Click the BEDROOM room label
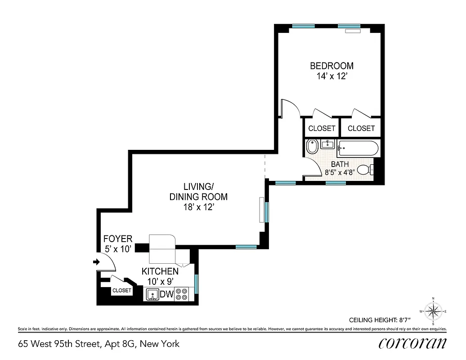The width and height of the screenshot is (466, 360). click(332, 66)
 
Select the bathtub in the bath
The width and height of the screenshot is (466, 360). click(358, 148)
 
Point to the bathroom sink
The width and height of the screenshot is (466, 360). click(327, 145)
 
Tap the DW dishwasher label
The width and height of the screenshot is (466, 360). click(166, 295)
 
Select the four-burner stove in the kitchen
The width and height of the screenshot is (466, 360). click(182, 294)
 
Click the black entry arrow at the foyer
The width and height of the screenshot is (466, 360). click(96, 262)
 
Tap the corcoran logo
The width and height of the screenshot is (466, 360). click(412, 343)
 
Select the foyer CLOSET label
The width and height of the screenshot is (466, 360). click(121, 291)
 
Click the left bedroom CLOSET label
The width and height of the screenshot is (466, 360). click(322, 128)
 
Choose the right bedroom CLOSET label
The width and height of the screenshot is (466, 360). click(361, 128)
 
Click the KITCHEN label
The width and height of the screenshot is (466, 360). click(160, 272)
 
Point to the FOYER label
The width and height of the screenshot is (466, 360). click(118, 239)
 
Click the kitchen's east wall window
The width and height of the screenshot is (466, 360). click(196, 283)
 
